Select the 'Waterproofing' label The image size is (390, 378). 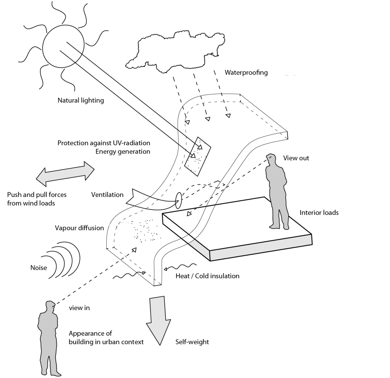[246, 72]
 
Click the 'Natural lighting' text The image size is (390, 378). [81, 100]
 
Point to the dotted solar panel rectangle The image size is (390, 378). [197, 156]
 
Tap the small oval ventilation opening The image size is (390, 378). [178, 201]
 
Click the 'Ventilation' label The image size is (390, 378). [107, 195]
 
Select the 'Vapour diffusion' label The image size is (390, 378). [79, 228]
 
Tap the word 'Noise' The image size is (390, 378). [39, 268]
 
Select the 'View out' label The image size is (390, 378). [296, 158]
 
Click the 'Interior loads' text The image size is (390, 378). [319, 213]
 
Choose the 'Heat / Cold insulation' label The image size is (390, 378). [207, 276]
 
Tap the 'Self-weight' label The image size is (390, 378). [192, 342]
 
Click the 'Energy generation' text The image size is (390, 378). [123, 151]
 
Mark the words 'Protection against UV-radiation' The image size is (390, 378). [104, 143]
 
